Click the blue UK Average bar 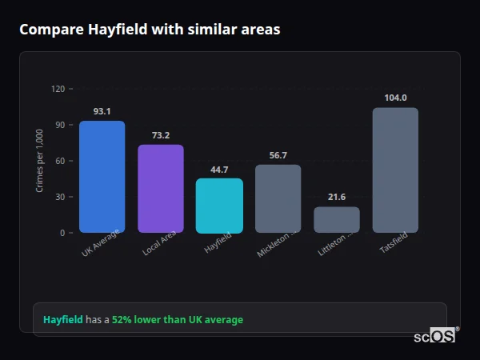[102, 177]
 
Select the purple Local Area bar [160, 189]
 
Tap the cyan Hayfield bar [219, 206]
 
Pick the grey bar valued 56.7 [278, 198]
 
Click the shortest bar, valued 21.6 [336, 220]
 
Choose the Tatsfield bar [395, 170]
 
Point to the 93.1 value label [102, 111]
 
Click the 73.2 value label [160, 135]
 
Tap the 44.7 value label [219, 169]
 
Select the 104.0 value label [395, 98]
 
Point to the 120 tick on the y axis [57, 89]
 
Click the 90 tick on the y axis [59, 125]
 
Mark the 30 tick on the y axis [59, 197]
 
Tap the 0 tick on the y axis [62, 233]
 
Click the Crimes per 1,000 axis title [40, 161]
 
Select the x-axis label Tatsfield [392, 249]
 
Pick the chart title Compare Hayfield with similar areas [149, 30]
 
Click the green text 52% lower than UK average [178, 320]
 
